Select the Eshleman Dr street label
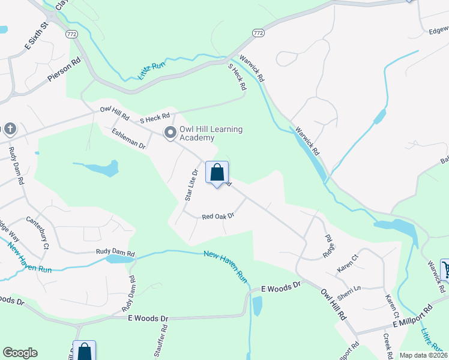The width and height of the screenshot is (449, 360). (x=128, y=138)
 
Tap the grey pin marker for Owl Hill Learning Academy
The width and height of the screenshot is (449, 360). (x=170, y=133)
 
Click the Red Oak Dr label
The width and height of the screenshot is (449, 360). (x=217, y=216)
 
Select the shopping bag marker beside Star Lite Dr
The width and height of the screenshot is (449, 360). (x=217, y=173)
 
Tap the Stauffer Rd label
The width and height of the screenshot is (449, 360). (x=160, y=348)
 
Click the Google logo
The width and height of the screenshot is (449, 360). (x=20, y=353)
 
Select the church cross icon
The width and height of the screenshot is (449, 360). (x=10, y=129)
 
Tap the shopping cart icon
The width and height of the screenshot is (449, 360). (x=446, y=269)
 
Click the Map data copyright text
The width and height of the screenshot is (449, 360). (x=423, y=355)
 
